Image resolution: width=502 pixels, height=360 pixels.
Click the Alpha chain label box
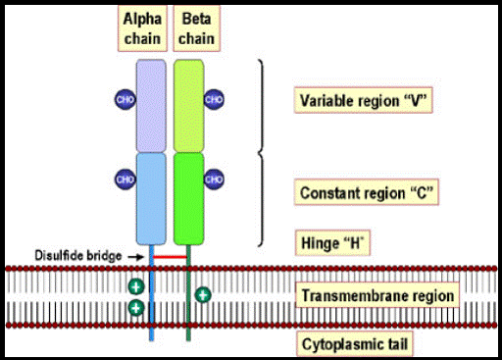pyautogui.click(x=142, y=28)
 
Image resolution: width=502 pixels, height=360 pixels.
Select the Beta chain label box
pyautogui.click(x=196, y=28)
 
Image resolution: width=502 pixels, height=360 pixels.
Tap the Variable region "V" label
pyautogui.click(x=364, y=100)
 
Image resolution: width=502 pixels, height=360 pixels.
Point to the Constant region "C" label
pyautogui.click(x=367, y=192)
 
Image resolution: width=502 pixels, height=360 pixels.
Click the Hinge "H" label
pyautogui.click(x=332, y=243)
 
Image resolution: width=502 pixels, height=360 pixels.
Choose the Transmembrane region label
pyautogui.click(x=377, y=295)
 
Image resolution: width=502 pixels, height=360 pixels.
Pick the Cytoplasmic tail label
pyautogui.click(x=355, y=344)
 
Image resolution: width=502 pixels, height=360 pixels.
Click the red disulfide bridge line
pyautogui.click(x=170, y=257)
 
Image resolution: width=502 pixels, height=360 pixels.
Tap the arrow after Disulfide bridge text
pyautogui.click(x=135, y=257)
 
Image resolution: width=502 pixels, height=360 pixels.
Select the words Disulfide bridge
pyautogui.click(x=78, y=256)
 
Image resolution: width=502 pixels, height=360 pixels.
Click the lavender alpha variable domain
pyautogui.click(x=151, y=106)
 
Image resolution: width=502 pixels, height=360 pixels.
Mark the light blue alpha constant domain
pyautogui.click(x=151, y=199)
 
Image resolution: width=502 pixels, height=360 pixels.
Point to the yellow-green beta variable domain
pyautogui.click(x=189, y=106)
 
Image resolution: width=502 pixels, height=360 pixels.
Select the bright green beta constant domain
pyautogui.click(x=189, y=199)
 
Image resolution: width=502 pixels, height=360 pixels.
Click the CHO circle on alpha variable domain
pyautogui.click(x=125, y=99)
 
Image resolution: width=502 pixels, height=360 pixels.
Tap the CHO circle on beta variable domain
pyautogui.click(x=214, y=99)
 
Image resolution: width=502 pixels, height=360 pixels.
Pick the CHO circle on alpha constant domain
pyautogui.click(x=125, y=180)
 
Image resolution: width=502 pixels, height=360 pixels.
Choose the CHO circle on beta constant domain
pyautogui.click(x=214, y=180)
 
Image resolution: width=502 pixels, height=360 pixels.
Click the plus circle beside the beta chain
pyautogui.click(x=203, y=295)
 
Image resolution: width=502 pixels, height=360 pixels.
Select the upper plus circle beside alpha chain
pyautogui.click(x=136, y=287)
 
